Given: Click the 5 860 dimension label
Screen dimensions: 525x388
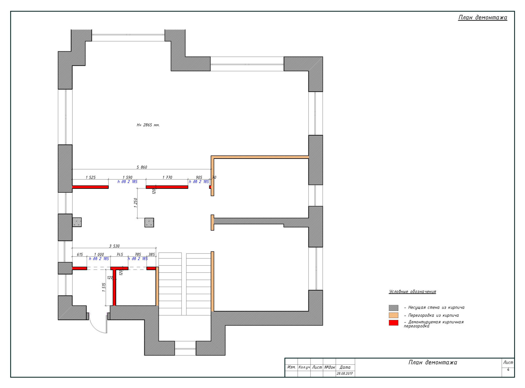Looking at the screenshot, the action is [141, 167].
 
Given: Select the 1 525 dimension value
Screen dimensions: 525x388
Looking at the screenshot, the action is [91, 177].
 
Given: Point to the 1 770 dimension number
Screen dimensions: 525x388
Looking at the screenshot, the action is [167, 177].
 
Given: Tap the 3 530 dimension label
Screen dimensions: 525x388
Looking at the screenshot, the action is [114, 246].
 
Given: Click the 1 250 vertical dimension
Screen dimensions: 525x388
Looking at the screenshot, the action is [136, 203].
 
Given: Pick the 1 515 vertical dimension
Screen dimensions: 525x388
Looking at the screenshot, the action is [104, 287].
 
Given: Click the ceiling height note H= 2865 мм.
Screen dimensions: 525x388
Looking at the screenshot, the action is [148, 125].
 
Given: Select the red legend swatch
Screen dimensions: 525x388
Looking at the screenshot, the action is [393, 323].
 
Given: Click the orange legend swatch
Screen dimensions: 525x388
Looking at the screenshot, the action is [393, 315].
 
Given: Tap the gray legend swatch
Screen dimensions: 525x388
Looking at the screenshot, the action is [393, 308].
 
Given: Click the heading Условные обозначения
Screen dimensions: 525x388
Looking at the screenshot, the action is [412, 291].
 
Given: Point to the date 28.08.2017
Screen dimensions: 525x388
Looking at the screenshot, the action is [345, 374].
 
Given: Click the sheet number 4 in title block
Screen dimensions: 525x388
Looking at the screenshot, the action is [508, 369].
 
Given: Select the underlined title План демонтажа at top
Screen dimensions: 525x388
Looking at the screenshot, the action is [483, 17].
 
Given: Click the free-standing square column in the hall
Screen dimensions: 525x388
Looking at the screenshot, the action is [149, 223].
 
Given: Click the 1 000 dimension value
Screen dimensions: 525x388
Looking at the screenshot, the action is [99, 254].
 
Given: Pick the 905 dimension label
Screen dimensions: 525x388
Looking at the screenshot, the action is [199, 177].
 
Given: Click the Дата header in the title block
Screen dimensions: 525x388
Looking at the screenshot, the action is [345, 367].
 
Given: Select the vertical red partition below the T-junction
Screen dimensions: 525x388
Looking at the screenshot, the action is [114, 288].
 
